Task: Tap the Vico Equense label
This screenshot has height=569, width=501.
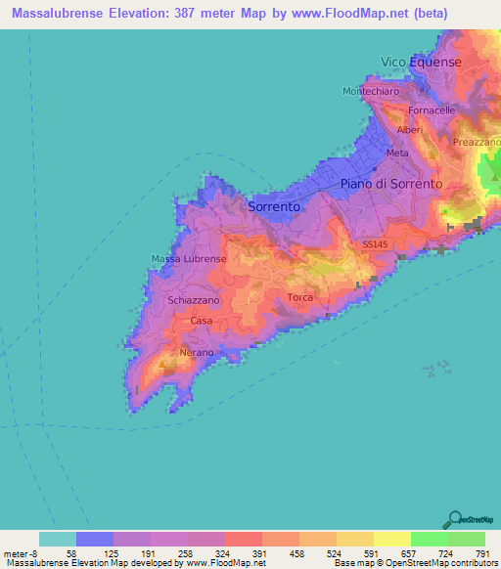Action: click(x=420, y=62)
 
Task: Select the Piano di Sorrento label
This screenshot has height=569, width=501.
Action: click(x=390, y=184)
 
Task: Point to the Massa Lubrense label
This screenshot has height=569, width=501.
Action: click(x=189, y=259)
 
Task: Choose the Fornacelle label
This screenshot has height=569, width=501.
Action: click(x=432, y=110)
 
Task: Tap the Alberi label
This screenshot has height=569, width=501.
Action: click(x=409, y=130)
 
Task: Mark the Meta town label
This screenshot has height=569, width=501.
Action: click(x=397, y=153)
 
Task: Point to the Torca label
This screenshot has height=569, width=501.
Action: click(x=298, y=298)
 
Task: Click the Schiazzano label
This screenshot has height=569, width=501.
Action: click(x=193, y=301)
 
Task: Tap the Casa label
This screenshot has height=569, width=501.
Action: click(x=202, y=321)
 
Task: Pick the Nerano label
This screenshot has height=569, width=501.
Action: click(x=197, y=351)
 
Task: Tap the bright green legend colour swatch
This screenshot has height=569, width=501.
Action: click(x=429, y=539)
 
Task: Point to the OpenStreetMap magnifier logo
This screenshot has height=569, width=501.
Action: click(x=454, y=519)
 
